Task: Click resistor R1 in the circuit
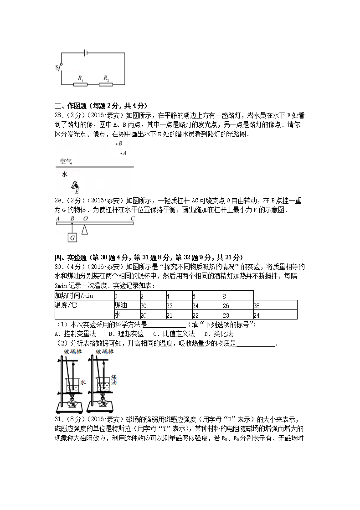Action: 80,84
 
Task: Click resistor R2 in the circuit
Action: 106,84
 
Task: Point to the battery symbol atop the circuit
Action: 86,53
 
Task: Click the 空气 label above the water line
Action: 67,161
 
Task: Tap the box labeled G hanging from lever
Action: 72,238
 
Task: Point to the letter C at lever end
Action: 132,218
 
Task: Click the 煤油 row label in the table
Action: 121,305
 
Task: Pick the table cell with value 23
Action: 225,314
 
